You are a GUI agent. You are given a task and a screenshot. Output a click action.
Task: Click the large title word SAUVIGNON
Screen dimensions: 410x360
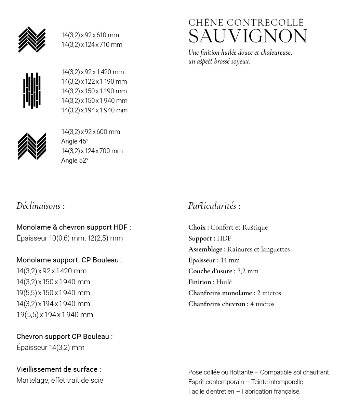[x=248, y=36]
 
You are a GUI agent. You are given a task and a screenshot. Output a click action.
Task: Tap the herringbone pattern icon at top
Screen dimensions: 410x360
[x=32, y=40]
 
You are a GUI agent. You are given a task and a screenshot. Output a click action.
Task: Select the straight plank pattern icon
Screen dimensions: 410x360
[x=32, y=91]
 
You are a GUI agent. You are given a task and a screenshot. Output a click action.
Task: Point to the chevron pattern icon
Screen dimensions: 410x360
[x=32, y=146]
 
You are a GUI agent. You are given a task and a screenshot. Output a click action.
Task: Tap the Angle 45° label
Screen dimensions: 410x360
[x=75, y=141]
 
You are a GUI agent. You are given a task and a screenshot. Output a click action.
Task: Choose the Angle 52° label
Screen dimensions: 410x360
[x=75, y=161]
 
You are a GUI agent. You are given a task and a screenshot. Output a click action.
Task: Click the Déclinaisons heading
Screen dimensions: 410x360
[x=40, y=206]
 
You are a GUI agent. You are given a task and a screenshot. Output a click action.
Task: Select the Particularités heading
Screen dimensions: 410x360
[x=214, y=206]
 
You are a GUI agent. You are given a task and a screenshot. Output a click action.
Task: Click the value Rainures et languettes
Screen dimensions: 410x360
[x=258, y=249]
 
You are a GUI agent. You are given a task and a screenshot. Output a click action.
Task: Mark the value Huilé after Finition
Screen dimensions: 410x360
[x=224, y=282]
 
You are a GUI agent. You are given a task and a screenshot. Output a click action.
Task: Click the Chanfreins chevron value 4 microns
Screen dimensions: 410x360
[x=262, y=304]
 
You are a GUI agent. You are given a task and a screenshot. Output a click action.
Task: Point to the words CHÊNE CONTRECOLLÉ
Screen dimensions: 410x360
[x=246, y=23]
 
